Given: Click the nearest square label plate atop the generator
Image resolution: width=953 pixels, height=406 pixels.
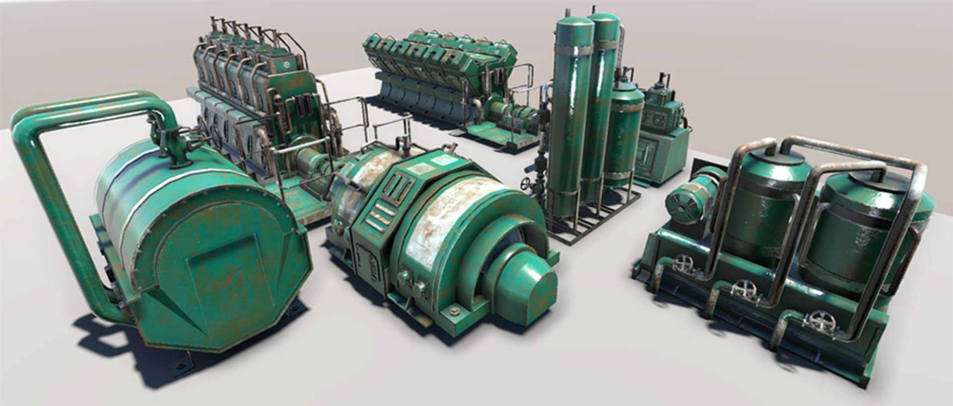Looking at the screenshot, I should (x=439, y=161).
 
